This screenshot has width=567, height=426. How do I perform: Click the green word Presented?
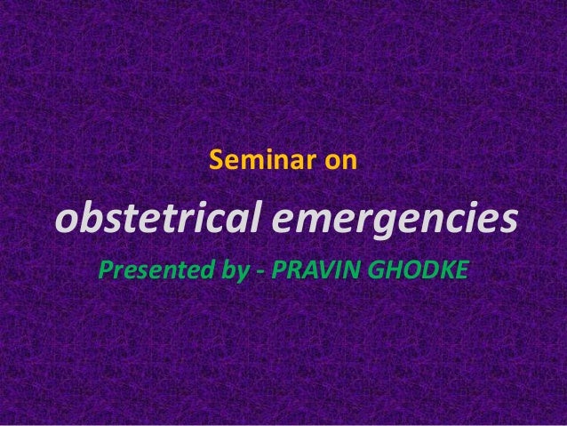157,269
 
